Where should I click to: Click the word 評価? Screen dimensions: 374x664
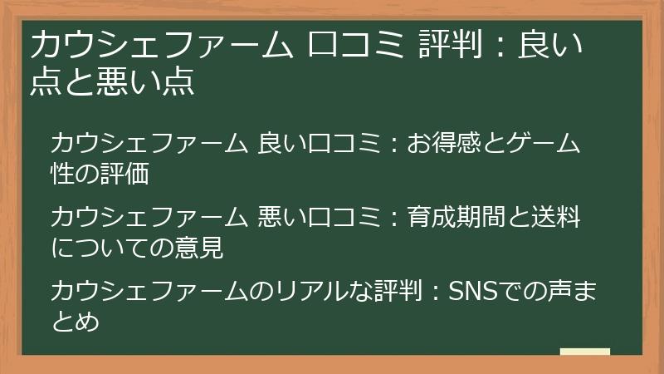(x=134, y=172)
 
